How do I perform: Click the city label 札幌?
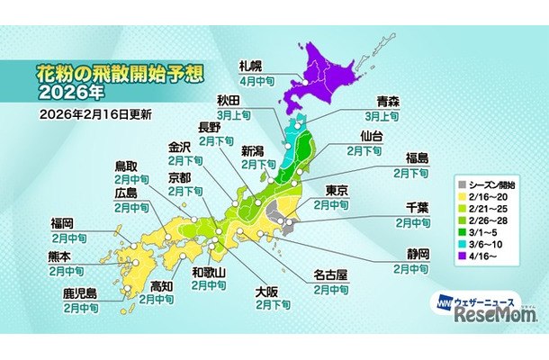(x=251, y=66)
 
